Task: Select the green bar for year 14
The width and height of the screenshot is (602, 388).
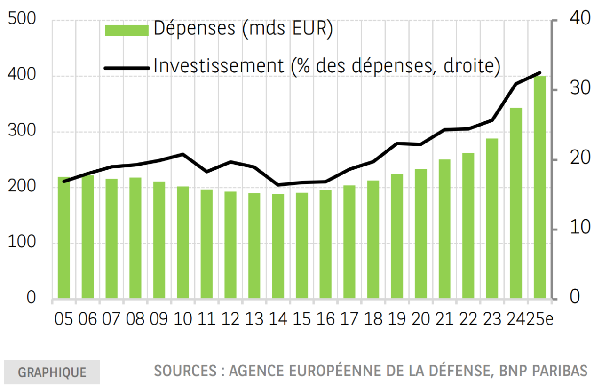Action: coord(278,246)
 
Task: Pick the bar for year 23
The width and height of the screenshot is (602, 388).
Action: coord(492,219)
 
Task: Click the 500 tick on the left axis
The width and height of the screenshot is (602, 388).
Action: coord(22,20)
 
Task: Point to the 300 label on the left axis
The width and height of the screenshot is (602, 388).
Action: coord(22,132)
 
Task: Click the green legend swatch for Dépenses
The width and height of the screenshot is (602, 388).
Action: coord(126,30)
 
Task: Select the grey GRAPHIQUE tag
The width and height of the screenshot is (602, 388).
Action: coord(52,372)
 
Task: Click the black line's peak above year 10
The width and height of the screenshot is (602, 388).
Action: coord(182,154)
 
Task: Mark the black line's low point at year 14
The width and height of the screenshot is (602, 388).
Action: coord(277,185)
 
